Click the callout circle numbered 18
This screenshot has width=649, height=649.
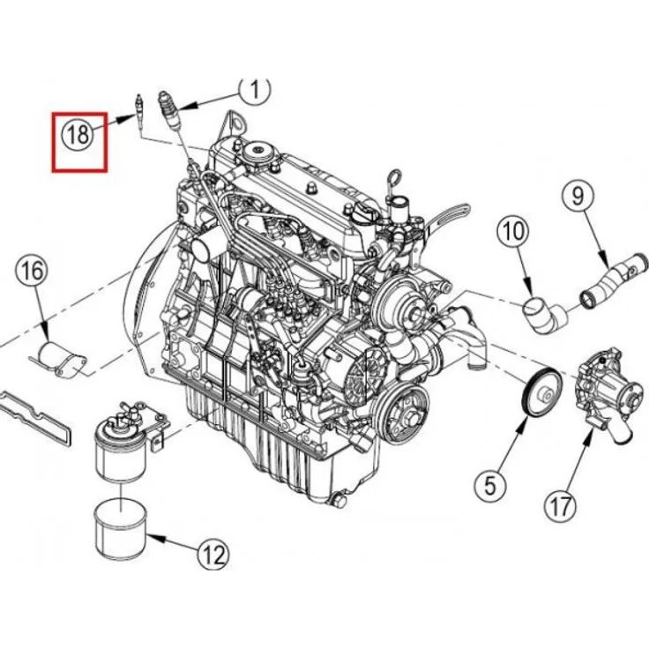pyautogui.click(x=78, y=134)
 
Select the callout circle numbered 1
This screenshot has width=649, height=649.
pyautogui.click(x=255, y=89)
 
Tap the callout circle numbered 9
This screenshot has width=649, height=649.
pyautogui.click(x=578, y=195)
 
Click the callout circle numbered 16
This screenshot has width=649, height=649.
pyautogui.click(x=29, y=271)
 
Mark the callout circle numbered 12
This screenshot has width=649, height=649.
pyautogui.click(x=212, y=555)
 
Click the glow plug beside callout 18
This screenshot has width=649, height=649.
pyautogui.click(x=138, y=111)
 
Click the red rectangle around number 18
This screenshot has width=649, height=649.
pyautogui.click(x=78, y=140)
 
